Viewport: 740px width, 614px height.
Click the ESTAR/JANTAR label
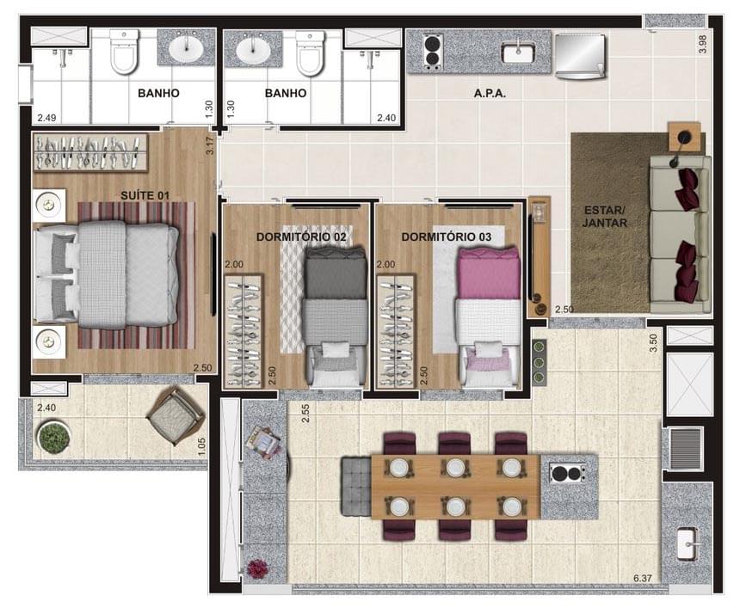point(603,216)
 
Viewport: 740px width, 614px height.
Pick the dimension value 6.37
point(644,579)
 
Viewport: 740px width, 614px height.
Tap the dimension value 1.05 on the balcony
point(200,445)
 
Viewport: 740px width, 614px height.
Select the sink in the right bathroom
point(253,48)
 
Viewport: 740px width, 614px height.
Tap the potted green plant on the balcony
point(53,437)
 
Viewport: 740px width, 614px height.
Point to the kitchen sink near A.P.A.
point(519,52)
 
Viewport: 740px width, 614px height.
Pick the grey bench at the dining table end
point(355,487)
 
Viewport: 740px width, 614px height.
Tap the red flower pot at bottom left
point(257,568)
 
